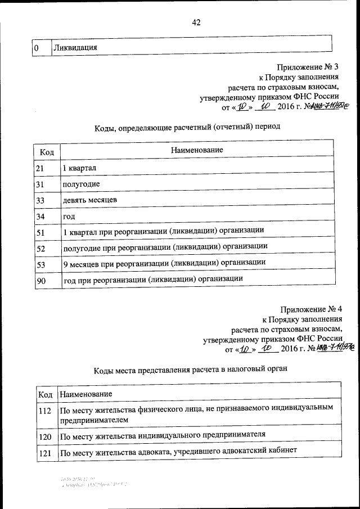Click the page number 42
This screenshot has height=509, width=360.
point(196,22)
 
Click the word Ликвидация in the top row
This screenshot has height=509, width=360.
point(75,48)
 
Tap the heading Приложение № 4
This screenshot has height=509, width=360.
point(310,309)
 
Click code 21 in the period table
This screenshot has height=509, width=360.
point(39,168)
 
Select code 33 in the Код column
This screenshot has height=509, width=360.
point(39,200)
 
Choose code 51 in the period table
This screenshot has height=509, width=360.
point(39,231)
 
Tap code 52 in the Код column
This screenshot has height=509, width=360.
point(39,247)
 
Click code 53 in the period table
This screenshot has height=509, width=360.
point(39,263)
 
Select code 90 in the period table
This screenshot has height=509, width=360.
point(39,278)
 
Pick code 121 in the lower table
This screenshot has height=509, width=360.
point(45,452)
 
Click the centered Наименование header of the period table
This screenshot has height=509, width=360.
point(197,150)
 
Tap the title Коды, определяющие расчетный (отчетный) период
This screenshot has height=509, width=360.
point(187,127)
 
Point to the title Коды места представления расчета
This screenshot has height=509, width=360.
point(190,370)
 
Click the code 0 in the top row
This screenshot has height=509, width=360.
point(37,48)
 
